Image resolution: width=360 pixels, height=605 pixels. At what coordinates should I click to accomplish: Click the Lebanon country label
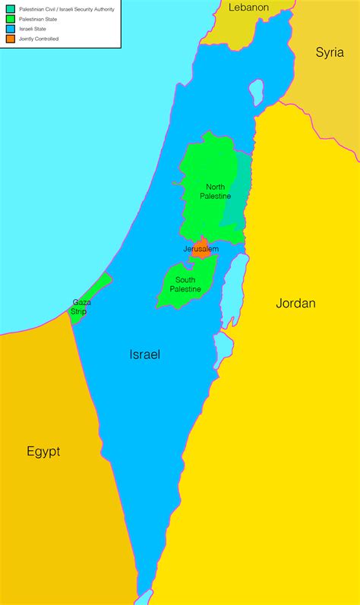pos(249,7)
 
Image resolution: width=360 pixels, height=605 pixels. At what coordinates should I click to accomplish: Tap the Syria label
pos(330,52)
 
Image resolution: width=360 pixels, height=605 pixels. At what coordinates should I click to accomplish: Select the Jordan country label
pos(295,303)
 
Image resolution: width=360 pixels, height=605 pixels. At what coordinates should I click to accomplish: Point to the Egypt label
pos(43,452)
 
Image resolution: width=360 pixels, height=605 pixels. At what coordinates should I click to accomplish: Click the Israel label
pos(144,354)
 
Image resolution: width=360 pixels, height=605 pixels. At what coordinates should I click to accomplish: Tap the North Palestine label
pos(216,191)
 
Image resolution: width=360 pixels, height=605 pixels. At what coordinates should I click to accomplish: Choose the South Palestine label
pos(185,285)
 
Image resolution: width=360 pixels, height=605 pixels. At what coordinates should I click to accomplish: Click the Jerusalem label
pos(201,249)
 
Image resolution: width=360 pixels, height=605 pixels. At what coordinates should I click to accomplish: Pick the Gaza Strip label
pos(81,307)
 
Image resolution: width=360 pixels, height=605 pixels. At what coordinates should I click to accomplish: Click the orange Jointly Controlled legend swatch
pos(10,38)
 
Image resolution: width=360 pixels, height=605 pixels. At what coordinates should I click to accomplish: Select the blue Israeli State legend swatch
pos(10,28)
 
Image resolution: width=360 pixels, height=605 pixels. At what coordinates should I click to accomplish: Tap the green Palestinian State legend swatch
pos(10,18)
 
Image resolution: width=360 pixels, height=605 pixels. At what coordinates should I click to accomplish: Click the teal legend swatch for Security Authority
pos(10,8)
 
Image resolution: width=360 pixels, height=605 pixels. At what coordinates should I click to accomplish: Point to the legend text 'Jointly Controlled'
pos(39,38)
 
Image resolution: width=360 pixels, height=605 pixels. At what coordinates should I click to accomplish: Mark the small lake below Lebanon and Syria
pos(256,93)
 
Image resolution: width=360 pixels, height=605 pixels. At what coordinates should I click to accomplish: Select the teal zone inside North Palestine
pos(239,190)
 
